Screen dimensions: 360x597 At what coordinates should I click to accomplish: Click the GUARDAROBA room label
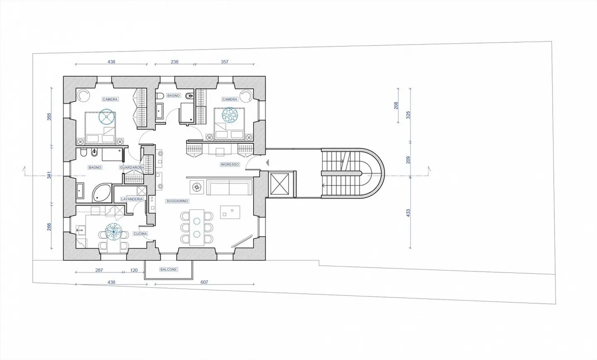[x=132, y=167]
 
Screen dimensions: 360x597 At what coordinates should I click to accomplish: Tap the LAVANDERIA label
[x=132, y=199]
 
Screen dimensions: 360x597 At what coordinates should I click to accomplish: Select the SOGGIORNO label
[x=177, y=201]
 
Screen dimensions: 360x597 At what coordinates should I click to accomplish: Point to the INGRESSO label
[x=230, y=164]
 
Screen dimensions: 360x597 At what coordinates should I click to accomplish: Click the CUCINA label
[x=140, y=234]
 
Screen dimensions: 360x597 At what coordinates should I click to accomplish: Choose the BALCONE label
[x=168, y=269]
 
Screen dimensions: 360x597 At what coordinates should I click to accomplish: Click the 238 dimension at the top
[x=175, y=62]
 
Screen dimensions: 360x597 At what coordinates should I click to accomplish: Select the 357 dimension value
[x=224, y=62]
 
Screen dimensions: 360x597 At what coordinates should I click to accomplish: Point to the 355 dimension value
[x=49, y=117]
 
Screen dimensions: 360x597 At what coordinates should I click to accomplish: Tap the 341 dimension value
[x=49, y=175]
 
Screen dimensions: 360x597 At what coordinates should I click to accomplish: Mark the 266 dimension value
[x=49, y=227]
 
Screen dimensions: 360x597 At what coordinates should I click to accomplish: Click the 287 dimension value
[x=99, y=270]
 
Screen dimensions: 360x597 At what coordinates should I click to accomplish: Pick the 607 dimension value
[x=204, y=282]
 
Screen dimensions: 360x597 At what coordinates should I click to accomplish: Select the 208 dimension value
[x=396, y=106]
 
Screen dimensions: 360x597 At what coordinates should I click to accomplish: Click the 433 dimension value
[x=408, y=213]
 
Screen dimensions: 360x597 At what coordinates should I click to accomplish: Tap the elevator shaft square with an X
[x=279, y=184]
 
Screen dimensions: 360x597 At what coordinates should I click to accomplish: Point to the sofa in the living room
[x=229, y=187]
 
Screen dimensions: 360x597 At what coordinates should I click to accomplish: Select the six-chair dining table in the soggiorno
[x=197, y=227]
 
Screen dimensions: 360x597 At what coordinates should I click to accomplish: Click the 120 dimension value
[x=134, y=270]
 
